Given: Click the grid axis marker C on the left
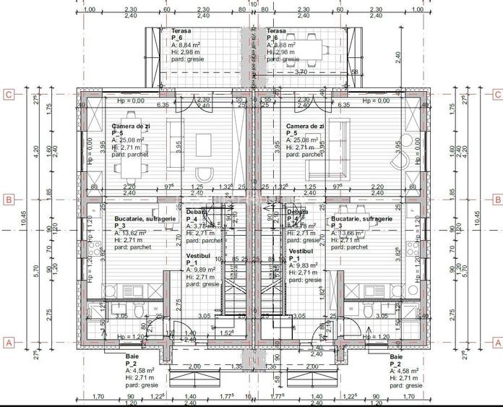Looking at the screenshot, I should point(9,94).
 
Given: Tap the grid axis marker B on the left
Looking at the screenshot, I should point(9,200).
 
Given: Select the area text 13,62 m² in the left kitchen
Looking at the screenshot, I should point(134,233).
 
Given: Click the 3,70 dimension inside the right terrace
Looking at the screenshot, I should point(301,72).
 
